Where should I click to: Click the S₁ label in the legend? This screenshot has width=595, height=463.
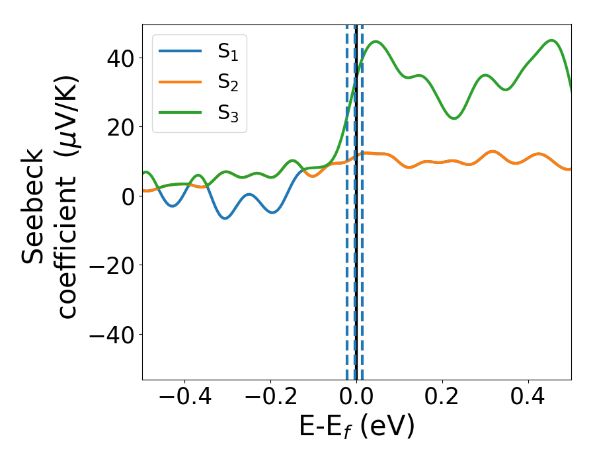pos(227,52)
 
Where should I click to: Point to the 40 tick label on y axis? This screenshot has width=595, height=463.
pos(120,58)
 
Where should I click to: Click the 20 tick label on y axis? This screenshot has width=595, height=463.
pos(120,127)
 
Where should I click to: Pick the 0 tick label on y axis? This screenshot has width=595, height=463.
pos(128,196)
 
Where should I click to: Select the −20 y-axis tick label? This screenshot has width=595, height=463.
pos(112,265)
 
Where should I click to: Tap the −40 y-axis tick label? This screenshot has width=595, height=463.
pos(112,335)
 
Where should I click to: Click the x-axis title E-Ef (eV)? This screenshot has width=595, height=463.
pos(356,427)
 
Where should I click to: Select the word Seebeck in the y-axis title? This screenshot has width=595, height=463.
pos(33,205)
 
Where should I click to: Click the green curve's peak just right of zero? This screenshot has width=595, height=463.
pos(376,42)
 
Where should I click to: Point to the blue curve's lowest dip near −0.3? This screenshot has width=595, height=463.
pos(225,218)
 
